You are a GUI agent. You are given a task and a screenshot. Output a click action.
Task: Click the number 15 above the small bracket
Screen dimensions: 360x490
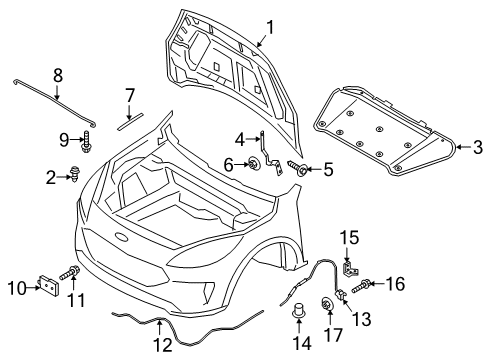[x=350, y=264]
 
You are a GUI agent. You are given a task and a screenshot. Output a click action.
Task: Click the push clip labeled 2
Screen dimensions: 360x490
[x=77, y=178]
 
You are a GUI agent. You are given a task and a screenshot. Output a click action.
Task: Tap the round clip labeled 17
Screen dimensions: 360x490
[x=327, y=304]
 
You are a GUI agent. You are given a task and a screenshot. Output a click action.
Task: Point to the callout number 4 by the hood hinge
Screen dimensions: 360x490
[x=241, y=139]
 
